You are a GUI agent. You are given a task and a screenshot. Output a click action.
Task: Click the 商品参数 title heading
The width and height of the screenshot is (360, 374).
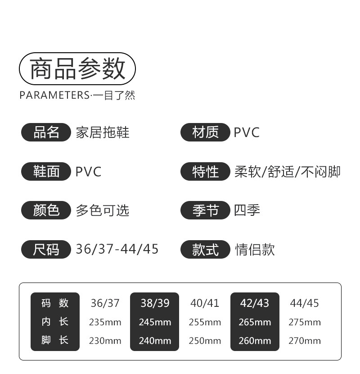77,69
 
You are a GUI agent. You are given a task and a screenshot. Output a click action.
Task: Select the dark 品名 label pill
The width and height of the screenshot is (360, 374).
46,132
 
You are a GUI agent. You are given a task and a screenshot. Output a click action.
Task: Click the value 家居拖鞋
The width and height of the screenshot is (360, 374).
103,132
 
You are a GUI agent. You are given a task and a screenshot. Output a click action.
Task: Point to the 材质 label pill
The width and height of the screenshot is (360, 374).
205,132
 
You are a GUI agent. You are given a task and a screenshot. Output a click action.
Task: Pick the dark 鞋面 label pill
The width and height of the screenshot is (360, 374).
46,171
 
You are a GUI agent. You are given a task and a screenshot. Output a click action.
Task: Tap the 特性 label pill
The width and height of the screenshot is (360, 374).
205,171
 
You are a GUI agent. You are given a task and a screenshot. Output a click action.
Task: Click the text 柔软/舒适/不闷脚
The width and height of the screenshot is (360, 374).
287,171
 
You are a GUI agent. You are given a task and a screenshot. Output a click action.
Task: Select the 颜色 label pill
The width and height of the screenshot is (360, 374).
46,210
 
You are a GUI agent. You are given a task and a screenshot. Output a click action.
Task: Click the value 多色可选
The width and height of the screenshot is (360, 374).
103,210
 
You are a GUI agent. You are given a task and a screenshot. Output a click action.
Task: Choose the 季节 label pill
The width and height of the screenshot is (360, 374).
205,210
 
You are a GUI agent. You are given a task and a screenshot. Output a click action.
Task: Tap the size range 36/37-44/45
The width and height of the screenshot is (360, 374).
117,249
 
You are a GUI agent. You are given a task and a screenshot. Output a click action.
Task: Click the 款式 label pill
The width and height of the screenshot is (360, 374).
205,249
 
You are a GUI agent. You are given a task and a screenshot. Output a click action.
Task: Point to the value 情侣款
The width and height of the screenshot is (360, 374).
255,249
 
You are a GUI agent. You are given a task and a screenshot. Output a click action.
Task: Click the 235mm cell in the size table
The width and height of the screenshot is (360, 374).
105,322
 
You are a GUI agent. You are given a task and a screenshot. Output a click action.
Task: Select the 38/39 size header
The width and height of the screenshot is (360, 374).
155,303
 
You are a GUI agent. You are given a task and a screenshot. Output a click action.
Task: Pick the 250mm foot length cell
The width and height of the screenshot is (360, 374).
205,341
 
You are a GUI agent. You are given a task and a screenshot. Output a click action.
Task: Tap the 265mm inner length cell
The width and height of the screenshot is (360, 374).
255,322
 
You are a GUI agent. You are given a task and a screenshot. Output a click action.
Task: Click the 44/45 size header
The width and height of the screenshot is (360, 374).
305,303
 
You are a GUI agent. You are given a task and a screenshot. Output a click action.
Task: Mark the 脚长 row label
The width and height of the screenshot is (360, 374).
55,340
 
